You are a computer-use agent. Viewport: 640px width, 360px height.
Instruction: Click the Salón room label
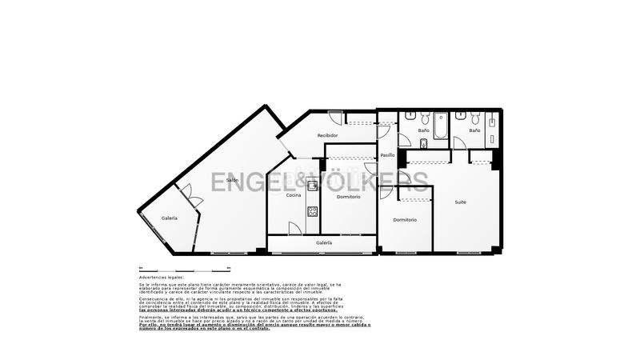coord(232,180)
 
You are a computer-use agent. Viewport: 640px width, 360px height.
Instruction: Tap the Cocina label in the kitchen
coord(294,195)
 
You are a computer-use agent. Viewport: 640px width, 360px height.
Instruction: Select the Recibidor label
coord(327,136)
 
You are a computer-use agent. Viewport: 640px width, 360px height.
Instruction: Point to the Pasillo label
coord(387,155)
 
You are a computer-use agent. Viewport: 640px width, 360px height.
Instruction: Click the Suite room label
coord(461,202)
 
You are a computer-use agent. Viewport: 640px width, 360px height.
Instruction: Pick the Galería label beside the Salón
coord(170,218)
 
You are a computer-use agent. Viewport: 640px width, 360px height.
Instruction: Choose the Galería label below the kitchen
coord(323,242)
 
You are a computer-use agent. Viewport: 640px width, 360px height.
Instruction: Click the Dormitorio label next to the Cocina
coord(348,197)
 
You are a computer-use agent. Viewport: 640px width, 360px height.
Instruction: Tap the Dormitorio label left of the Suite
coord(405,220)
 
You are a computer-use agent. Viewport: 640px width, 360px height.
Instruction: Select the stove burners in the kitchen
coord(312,211)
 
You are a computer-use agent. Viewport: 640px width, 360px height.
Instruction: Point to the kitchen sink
coord(313,186)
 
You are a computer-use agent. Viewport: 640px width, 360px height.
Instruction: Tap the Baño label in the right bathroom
coord(474,130)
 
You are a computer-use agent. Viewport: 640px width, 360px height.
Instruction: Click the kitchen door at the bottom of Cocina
coord(294,229)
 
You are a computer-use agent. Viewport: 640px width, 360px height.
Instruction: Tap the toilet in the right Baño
coord(474,117)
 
